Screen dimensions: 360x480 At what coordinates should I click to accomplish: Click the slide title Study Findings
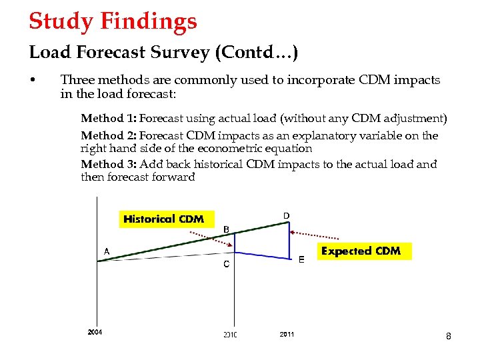(113, 21)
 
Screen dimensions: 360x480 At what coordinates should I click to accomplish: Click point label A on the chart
(106, 251)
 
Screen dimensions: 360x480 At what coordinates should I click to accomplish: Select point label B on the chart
(226, 229)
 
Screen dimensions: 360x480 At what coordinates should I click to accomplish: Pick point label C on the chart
(227, 264)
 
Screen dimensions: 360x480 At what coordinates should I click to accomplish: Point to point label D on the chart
(286, 215)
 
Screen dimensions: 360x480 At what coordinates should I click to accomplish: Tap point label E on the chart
(301, 260)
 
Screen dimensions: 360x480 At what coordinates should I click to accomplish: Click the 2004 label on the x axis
(95, 332)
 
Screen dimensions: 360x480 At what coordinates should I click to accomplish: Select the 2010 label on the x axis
(230, 334)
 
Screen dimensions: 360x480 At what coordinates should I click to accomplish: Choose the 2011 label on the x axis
(287, 334)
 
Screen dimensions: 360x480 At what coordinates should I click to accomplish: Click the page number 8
(449, 337)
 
